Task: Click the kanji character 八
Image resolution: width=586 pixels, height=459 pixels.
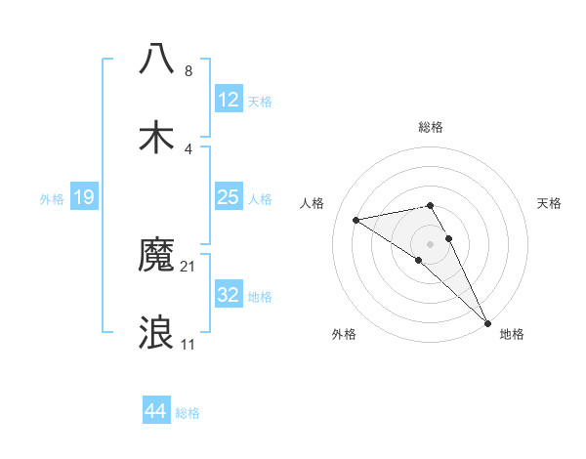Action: tap(157, 58)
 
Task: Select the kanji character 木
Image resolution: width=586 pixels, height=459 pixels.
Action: tap(157, 136)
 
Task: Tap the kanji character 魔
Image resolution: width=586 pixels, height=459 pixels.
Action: tap(157, 257)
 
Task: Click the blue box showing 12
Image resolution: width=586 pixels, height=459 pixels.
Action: tap(229, 100)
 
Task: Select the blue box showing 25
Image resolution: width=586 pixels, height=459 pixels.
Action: tap(229, 197)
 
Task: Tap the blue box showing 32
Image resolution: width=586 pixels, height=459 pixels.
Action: tap(229, 295)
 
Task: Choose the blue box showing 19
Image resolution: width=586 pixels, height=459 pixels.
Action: tap(84, 197)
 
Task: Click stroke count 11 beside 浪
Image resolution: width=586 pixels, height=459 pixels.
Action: tap(188, 345)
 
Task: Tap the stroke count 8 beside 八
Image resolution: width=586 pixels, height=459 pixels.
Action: tap(188, 71)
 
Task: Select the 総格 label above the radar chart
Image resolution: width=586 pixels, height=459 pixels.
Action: tap(431, 127)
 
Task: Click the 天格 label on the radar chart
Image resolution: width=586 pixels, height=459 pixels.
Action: tap(550, 203)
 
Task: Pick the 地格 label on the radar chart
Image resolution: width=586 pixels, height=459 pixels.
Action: tap(512, 334)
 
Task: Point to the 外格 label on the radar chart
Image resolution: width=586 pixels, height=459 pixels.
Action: tap(344, 334)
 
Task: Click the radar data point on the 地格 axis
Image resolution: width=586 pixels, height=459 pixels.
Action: tap(488, 323)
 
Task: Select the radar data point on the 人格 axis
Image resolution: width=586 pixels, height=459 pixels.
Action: tap(356, 220)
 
